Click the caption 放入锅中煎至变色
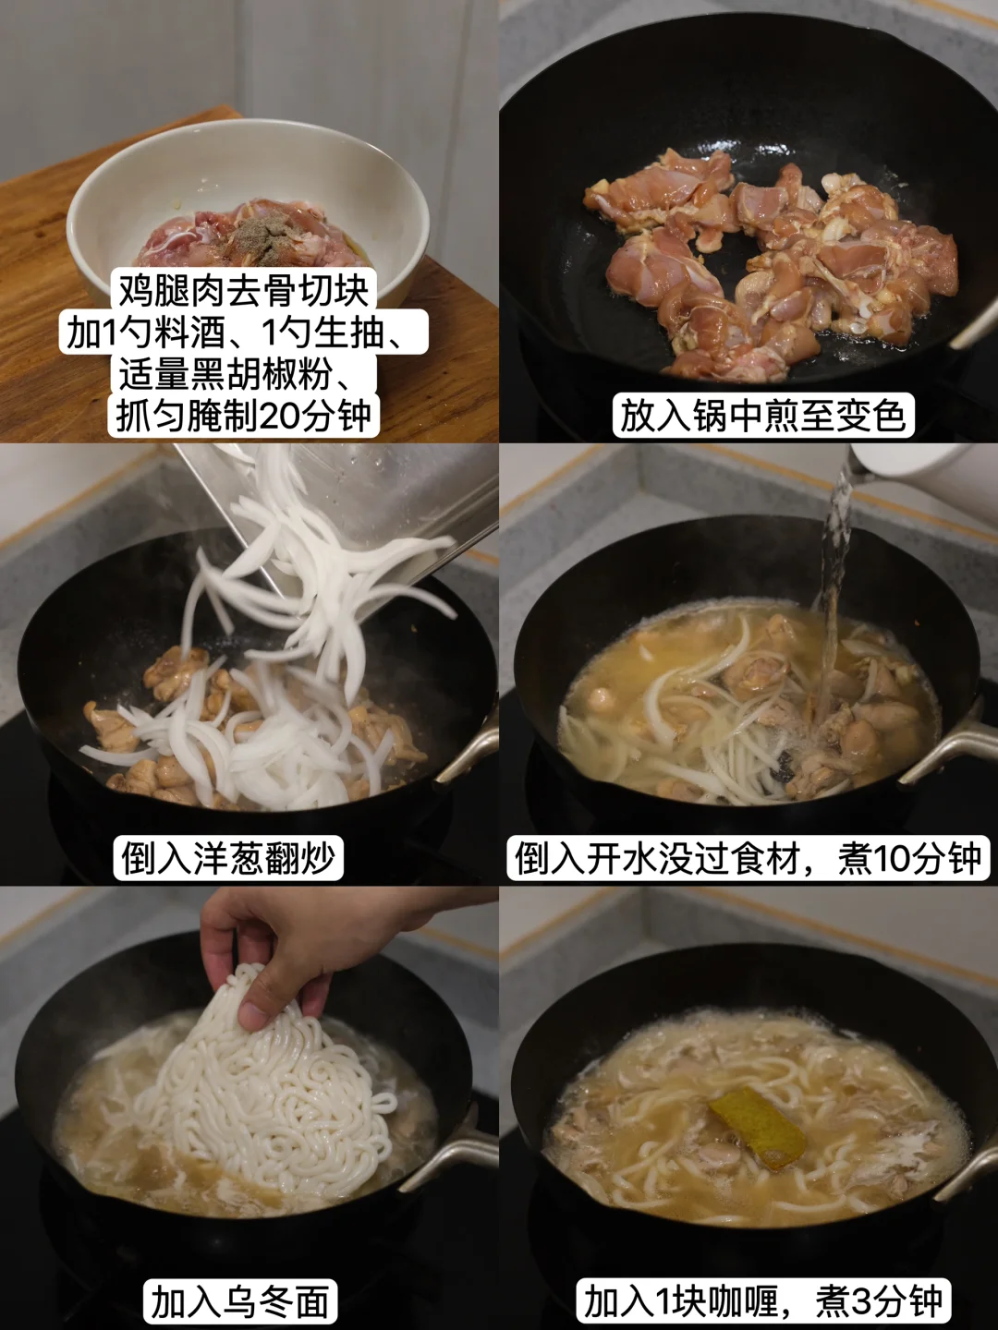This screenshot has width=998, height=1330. pos(763,416)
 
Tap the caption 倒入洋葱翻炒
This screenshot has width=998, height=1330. pos(228,858)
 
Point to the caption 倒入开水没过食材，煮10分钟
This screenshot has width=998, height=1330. pos(748,858)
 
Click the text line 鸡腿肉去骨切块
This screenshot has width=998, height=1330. pos(244,291)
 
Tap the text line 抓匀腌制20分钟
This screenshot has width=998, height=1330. pos(244,416)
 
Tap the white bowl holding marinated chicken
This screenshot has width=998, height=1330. pos(248,206)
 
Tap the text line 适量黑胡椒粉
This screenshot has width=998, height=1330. pos(244,374)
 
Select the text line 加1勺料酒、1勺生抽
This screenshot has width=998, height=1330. pos(244,332)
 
